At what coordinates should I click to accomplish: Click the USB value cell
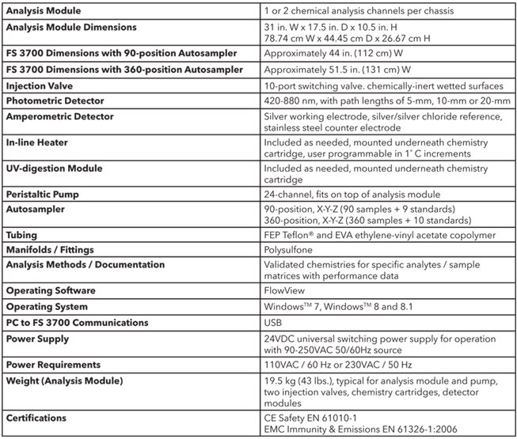(274, 322)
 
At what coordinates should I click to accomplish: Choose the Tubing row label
(24, 235)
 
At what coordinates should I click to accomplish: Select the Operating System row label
(47, 306)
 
